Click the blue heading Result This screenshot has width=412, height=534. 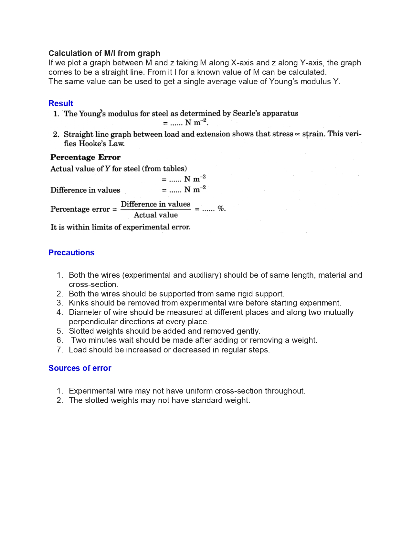[61, 103]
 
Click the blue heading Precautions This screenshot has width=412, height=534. [71, 252]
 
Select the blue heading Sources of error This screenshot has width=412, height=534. [80, 368]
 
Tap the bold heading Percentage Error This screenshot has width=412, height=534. [85, 157]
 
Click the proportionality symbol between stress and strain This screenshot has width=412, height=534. [297, 134]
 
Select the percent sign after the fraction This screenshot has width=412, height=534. [221, 208]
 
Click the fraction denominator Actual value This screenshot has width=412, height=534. [156, 215]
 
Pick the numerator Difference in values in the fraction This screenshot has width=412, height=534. [155, 204]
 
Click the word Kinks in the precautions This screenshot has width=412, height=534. [79, 303]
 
